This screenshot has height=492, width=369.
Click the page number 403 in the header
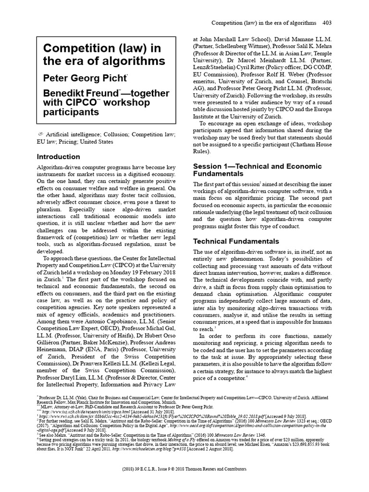(327, 23)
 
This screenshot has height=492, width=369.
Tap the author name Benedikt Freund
(80, 92)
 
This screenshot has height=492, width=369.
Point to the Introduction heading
(59, 157)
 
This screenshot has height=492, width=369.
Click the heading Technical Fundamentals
(235, 241)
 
